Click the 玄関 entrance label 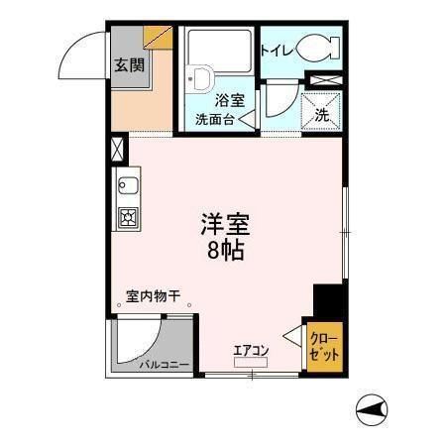tap(126, 66)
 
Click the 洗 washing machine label tap(322, 114)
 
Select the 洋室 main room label tap(225, 225)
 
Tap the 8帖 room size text tap(225, 250)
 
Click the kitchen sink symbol tap(129, 185)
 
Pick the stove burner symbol tap(129, 218)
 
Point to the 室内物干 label tap(152, 295)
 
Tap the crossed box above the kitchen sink tap(119, 151)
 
